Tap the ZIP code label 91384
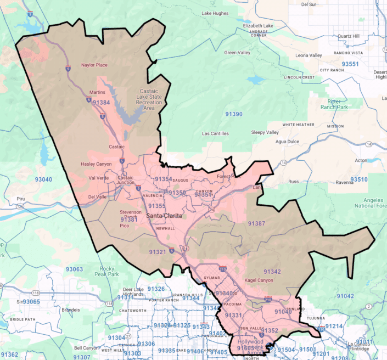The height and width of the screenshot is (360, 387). pos(101,103)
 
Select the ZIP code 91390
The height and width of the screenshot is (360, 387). pos(233,114)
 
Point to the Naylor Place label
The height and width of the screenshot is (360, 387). pos(94,65)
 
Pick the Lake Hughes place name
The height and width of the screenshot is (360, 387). pos(215,13)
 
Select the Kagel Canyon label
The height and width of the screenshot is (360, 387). pos(259,280)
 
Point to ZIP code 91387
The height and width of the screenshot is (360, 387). pos(256,223)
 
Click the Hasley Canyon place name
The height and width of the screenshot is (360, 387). pos(97,164)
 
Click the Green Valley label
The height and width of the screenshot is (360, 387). pos(237,53)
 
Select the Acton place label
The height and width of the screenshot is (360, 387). pos(361,161)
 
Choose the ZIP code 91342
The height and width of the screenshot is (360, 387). pos(272,272)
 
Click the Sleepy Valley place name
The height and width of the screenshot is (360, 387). pos(265,132)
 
